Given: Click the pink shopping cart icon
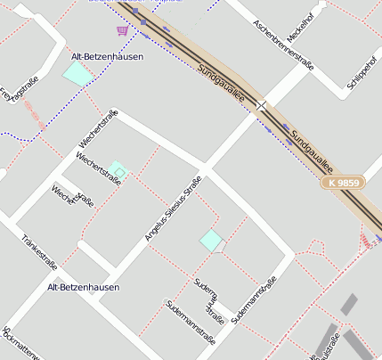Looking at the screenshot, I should tap(122, 29).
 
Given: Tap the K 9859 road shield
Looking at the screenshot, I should tap(343, 183).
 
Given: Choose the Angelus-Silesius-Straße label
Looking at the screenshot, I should tap(173, 209).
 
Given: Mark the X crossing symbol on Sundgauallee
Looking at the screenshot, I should tap(261, 105).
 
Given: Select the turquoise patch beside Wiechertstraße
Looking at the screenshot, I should tap(118, 169).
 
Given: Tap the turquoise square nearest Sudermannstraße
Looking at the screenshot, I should tap(211, 240).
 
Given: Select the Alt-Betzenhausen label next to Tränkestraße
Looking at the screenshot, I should tap(83, 288).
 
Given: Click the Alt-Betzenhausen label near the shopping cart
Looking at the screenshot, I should tap(101, 56).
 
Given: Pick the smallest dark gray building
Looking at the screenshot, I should tap(350, 304).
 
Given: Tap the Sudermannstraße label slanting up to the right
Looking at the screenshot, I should tap(255, 299).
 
